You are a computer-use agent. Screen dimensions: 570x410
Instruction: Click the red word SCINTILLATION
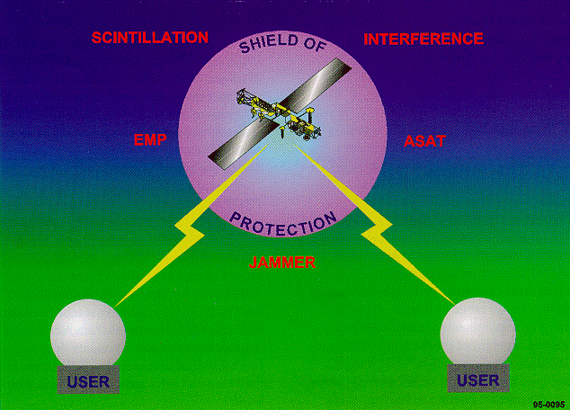[x=150, y=38]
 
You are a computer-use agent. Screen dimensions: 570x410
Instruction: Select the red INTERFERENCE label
[x=423, y=39]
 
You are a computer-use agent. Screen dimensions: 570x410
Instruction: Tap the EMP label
[x=150, y=139]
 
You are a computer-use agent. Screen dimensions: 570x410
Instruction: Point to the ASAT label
[x=424, y=141]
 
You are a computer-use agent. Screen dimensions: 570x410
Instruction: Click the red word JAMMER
[x=282, y=262]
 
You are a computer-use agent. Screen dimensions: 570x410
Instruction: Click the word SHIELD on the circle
[x=268, y=42]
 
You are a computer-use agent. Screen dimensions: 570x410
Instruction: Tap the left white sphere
[x=88, y=333]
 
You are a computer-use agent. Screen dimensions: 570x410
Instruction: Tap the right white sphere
[x=477, y=332]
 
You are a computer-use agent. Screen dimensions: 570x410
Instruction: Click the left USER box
[x=88, y=379]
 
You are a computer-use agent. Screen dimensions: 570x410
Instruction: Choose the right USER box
[x=478, y=379]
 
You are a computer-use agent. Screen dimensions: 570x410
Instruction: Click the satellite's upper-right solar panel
[x=316, y=85]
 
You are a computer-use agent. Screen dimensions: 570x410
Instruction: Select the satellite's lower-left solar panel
[x=244, y=144]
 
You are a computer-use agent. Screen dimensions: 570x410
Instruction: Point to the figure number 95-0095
[x=549, y=405]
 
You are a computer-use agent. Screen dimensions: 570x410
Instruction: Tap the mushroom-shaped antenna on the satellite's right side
[x=310, y=113]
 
